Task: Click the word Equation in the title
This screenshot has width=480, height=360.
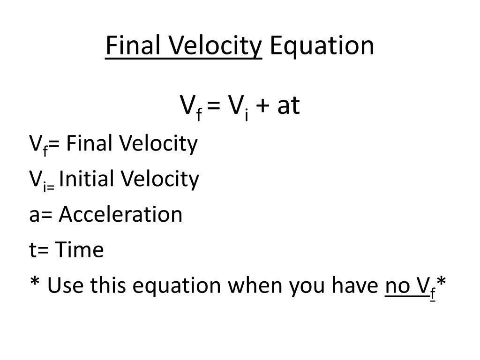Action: (x=322, y=46)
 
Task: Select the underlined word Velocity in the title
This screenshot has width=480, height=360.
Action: (x=215, y=46)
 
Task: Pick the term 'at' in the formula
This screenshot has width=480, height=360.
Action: (x=288, y=105)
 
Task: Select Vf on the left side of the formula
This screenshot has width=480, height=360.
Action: (x=191, y=108)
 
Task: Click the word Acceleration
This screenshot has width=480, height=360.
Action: (x=120, y=214)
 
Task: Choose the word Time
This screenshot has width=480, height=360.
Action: (x=79, y=249)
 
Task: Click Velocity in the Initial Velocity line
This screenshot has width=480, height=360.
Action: (x=159, y=180)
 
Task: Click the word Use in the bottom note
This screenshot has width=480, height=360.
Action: (x=65, y=285)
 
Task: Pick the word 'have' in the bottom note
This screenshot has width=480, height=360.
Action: (x=355, y=285)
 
